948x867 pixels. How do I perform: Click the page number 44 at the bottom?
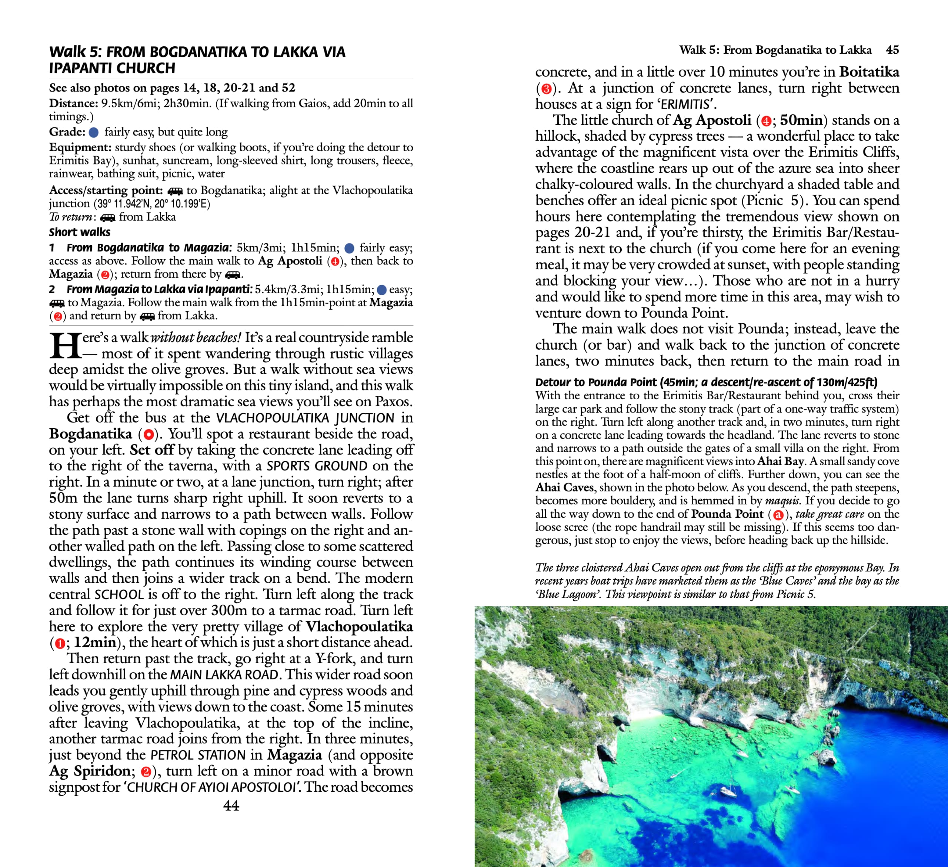(x=231, y=806)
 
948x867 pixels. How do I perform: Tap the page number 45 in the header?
(x=892, y=50)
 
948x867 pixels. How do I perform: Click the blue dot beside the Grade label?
(x=94, y=133)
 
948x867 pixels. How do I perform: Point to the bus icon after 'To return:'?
(x=108, y=218)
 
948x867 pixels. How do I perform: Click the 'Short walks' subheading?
(x=80, y=232)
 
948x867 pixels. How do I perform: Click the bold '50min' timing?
(x=801, y=120)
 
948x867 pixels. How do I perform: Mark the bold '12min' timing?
(x=94, y=642)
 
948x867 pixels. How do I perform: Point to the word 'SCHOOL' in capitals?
(x=119, y=594)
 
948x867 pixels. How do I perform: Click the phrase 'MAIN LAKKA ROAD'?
(x=225, y=675)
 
